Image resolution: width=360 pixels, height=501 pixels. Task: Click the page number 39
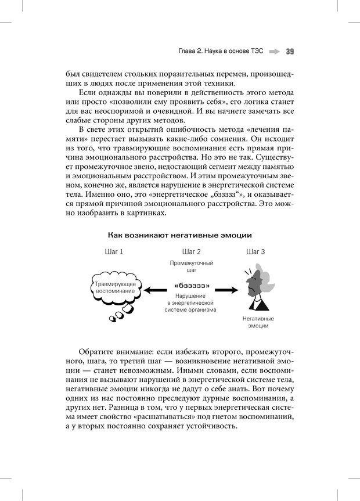[x=290, y=51]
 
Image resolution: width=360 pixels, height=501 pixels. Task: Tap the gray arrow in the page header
[x=274, y=51]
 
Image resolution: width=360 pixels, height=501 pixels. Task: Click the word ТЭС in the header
[x=256, y=51]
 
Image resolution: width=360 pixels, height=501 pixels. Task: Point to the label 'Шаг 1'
[x=114, y=252]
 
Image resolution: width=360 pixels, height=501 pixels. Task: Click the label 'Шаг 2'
[x=192, y=252]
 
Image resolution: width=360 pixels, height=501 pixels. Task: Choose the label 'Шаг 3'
[x=256, y=252]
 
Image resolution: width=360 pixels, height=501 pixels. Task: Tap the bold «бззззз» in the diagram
[x=192, y=286]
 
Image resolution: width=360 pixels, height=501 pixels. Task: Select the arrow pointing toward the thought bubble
[x=156, y=289]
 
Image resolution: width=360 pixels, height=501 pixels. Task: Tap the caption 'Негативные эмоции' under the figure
[x=258, y=322]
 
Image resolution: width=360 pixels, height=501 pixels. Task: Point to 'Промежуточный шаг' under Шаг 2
[x=192, y=266]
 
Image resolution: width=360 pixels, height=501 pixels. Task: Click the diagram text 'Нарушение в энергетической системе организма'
[x=192, y=302]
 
